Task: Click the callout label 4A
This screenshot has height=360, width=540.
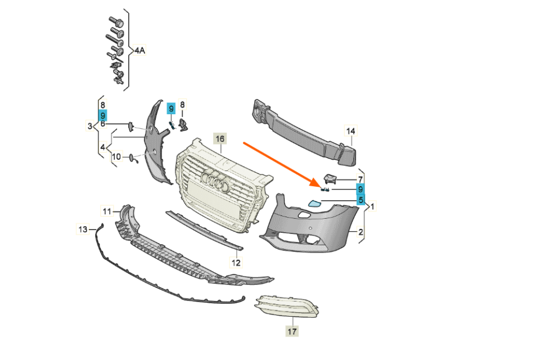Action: [139, 51]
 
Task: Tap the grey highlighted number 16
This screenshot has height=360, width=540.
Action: [219, 138]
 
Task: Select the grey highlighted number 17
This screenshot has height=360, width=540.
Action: [292, 331]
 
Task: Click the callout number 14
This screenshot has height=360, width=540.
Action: [350, 132]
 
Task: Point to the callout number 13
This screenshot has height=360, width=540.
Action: [83, 229]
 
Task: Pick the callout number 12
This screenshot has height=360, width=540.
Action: [236, 262]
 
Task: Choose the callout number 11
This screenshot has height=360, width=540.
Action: [107, 211]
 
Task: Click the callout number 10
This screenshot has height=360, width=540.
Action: [116, 157]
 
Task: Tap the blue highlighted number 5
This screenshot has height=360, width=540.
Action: [359, 199]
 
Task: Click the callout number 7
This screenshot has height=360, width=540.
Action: [360, 178]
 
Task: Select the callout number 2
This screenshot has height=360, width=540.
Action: [361, 231]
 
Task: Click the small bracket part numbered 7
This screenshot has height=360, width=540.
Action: [331, 179]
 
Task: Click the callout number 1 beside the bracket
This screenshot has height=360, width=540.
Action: [372, 206]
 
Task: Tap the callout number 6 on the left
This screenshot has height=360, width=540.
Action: [103, 124]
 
